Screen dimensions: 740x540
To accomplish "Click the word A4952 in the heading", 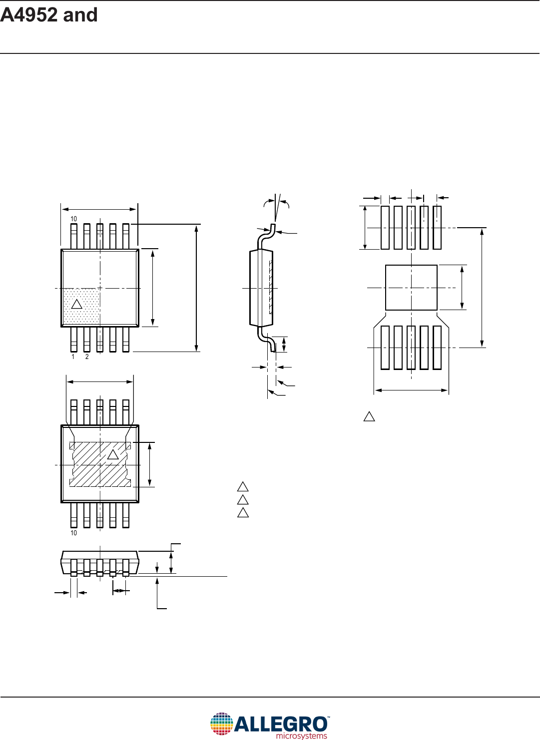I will pyautogui.click(x=29, y=15).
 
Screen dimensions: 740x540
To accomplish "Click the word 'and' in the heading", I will pyautogui.click(x=80, y=15).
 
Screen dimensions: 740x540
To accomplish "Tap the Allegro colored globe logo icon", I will pyautogui.click(x=221, y=724).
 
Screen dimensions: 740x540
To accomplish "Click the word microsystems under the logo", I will pyautogui.click(x=301, y=736).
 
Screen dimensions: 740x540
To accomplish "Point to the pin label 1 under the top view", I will pyautogui.click(x=73, y=357).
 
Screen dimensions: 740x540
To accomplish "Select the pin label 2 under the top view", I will pyautogui.click(x=87, y=357).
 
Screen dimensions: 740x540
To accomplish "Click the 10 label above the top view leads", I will pyautogui.click(x=73, y=219).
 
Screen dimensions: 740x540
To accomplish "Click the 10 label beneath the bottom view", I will pyautogui.click(x=73, y=533).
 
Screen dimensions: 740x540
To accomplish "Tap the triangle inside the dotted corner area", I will pyautogui.click(x=76, y=304).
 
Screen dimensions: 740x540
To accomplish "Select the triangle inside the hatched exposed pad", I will pyautogui.click(x=113, y=454).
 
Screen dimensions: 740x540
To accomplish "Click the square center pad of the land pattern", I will pyautogui.click(x=411, y=288).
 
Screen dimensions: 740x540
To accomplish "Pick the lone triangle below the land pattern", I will pyautogui.click(x=369, y=416).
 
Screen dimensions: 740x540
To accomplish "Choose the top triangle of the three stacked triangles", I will pyautogui.click(x=243, y=487).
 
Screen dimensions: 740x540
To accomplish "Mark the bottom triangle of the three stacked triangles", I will pyautogui.click(x=243, y=513).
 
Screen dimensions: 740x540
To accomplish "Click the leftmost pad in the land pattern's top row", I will pyautogui.click(x=385, y=228).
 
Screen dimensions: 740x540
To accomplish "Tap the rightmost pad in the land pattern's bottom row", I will pyautogui.click(x=437, y=348).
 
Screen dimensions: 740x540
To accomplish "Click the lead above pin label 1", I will pyautogui.click(x=74, y=340).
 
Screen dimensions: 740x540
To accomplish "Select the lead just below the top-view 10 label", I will pyautogui.click(x=74, y=236).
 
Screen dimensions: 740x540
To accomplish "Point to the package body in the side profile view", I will pyautogui.click(x=261, y=288).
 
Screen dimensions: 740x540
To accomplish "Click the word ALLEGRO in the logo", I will pyautogui.click(x=281, y=724).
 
